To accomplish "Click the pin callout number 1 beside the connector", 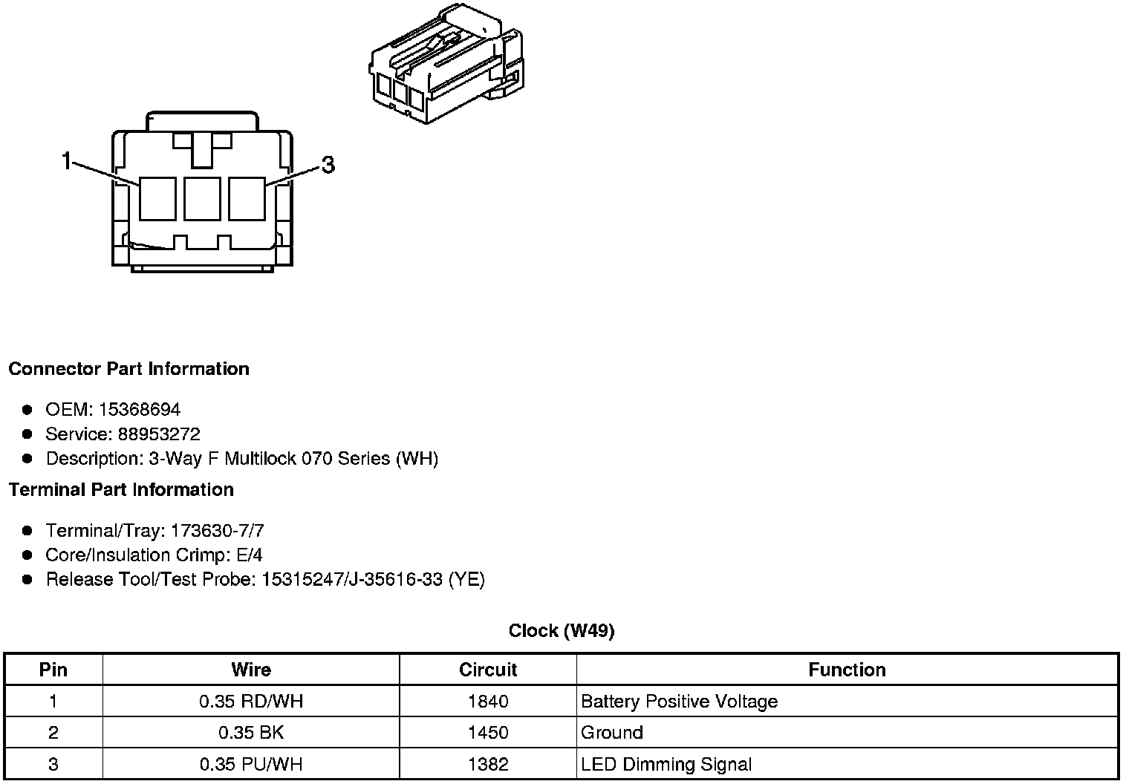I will pos(67,160).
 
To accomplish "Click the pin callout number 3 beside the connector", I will pos(328,164).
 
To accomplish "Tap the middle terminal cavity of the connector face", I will pos(202,198).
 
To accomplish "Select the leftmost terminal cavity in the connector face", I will pos(157,198).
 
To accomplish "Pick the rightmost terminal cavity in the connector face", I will pos(247,198).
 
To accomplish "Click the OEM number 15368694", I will pos(140,410).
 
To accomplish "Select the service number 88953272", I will pos(159,434).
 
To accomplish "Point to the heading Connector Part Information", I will pos(129,369).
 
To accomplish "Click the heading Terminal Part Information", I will pos(121,490).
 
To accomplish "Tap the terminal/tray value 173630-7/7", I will pos(217,531).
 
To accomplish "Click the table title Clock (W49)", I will pos(562,631).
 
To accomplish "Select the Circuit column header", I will pos(488,670).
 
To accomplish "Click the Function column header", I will pos(847,670).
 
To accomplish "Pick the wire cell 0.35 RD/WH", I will pos(251,702).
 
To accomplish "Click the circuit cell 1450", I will pos(488,733).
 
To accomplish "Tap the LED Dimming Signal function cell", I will pos(666,765).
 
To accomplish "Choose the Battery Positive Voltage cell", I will pos(679,702).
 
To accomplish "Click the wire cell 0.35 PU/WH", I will pos(251,765).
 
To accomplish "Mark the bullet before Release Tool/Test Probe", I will pos(27,580).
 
